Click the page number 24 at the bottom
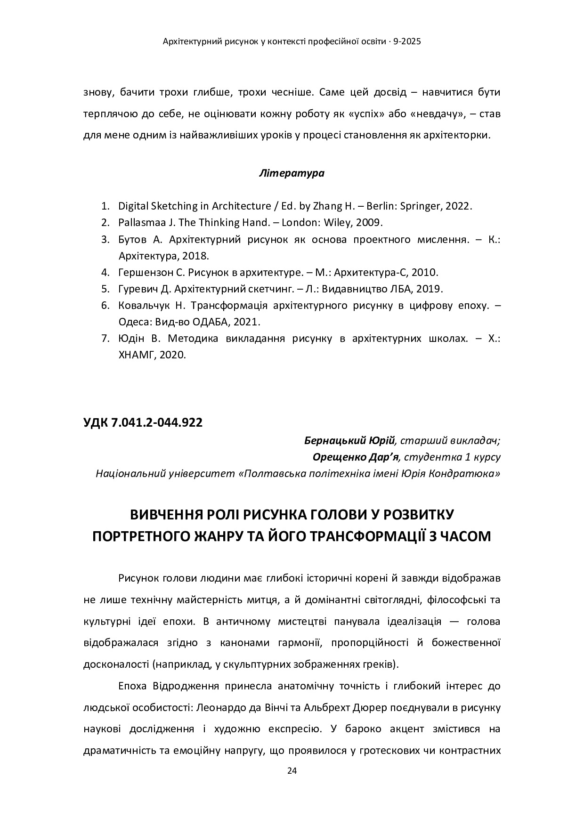(292, 771)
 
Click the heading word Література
(292, 173)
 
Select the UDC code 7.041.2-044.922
(157, 422)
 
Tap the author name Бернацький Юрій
(349, 441)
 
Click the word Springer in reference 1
(420, 206)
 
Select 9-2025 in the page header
(407, 41)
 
